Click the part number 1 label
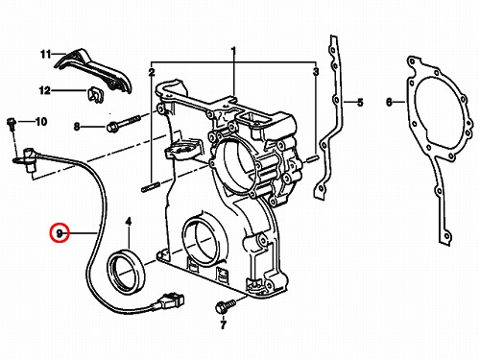click(x=233, y=51)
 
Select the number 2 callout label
click(x=152, y=72)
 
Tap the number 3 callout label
click(x=316, y=72)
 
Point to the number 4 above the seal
click(x=129, y=221)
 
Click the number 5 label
click(x=360, y=103)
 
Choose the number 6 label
click(x=389, y=103)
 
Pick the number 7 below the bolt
click(x=223, y=324)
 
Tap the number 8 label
click(x=77, y=127)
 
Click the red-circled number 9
click(x=60, y=232)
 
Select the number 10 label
click(x=41, y=122)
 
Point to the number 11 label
click(x=46, y=55)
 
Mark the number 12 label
click(x=45, y=90)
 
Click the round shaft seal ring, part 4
click(x=126, y=273)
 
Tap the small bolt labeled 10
click(x=12, y=124)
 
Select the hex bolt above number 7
click(x=225, y=304)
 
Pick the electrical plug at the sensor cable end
click(x=170, y=300)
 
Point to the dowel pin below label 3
click(x=312, y=158)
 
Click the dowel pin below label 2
click(x=151, y=187)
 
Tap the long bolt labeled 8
click(x=123, y=124)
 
